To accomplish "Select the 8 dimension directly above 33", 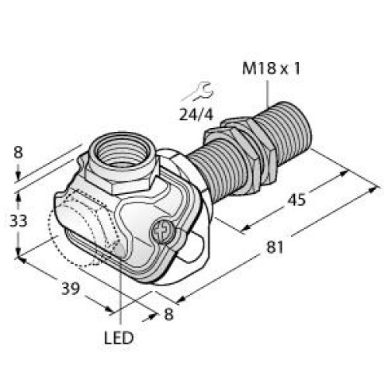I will [18, 154].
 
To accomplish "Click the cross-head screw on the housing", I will [162, 232].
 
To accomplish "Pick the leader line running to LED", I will [122, 287].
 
